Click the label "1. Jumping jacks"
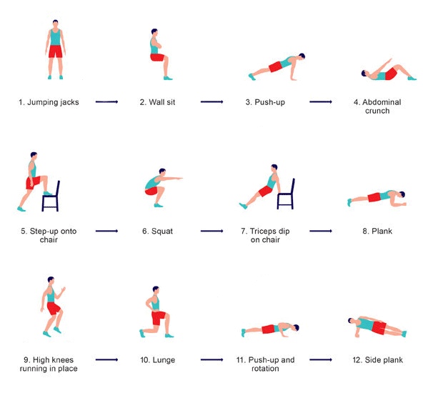click(49, 102)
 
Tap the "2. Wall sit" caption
click(157, 102)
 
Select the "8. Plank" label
click(377, 232)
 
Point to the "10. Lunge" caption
click(157, 360)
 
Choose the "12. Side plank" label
click(378, 360)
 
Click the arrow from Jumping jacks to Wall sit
click(107, 101)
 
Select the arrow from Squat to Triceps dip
click(211, 231)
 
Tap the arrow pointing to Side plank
click(321, 359)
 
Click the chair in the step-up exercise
click(51, 197)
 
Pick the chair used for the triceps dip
click(286, 195)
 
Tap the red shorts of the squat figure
click(151, 191)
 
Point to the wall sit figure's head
click(154, 32)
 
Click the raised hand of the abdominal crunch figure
click(389, 60)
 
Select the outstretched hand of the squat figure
click(179, 179)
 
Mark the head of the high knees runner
click(51, 280)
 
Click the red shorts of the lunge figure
click(158, 318)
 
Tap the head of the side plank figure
click(351, 321)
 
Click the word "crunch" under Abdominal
click(377, 111)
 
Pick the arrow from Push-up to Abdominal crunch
click(321, 101)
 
